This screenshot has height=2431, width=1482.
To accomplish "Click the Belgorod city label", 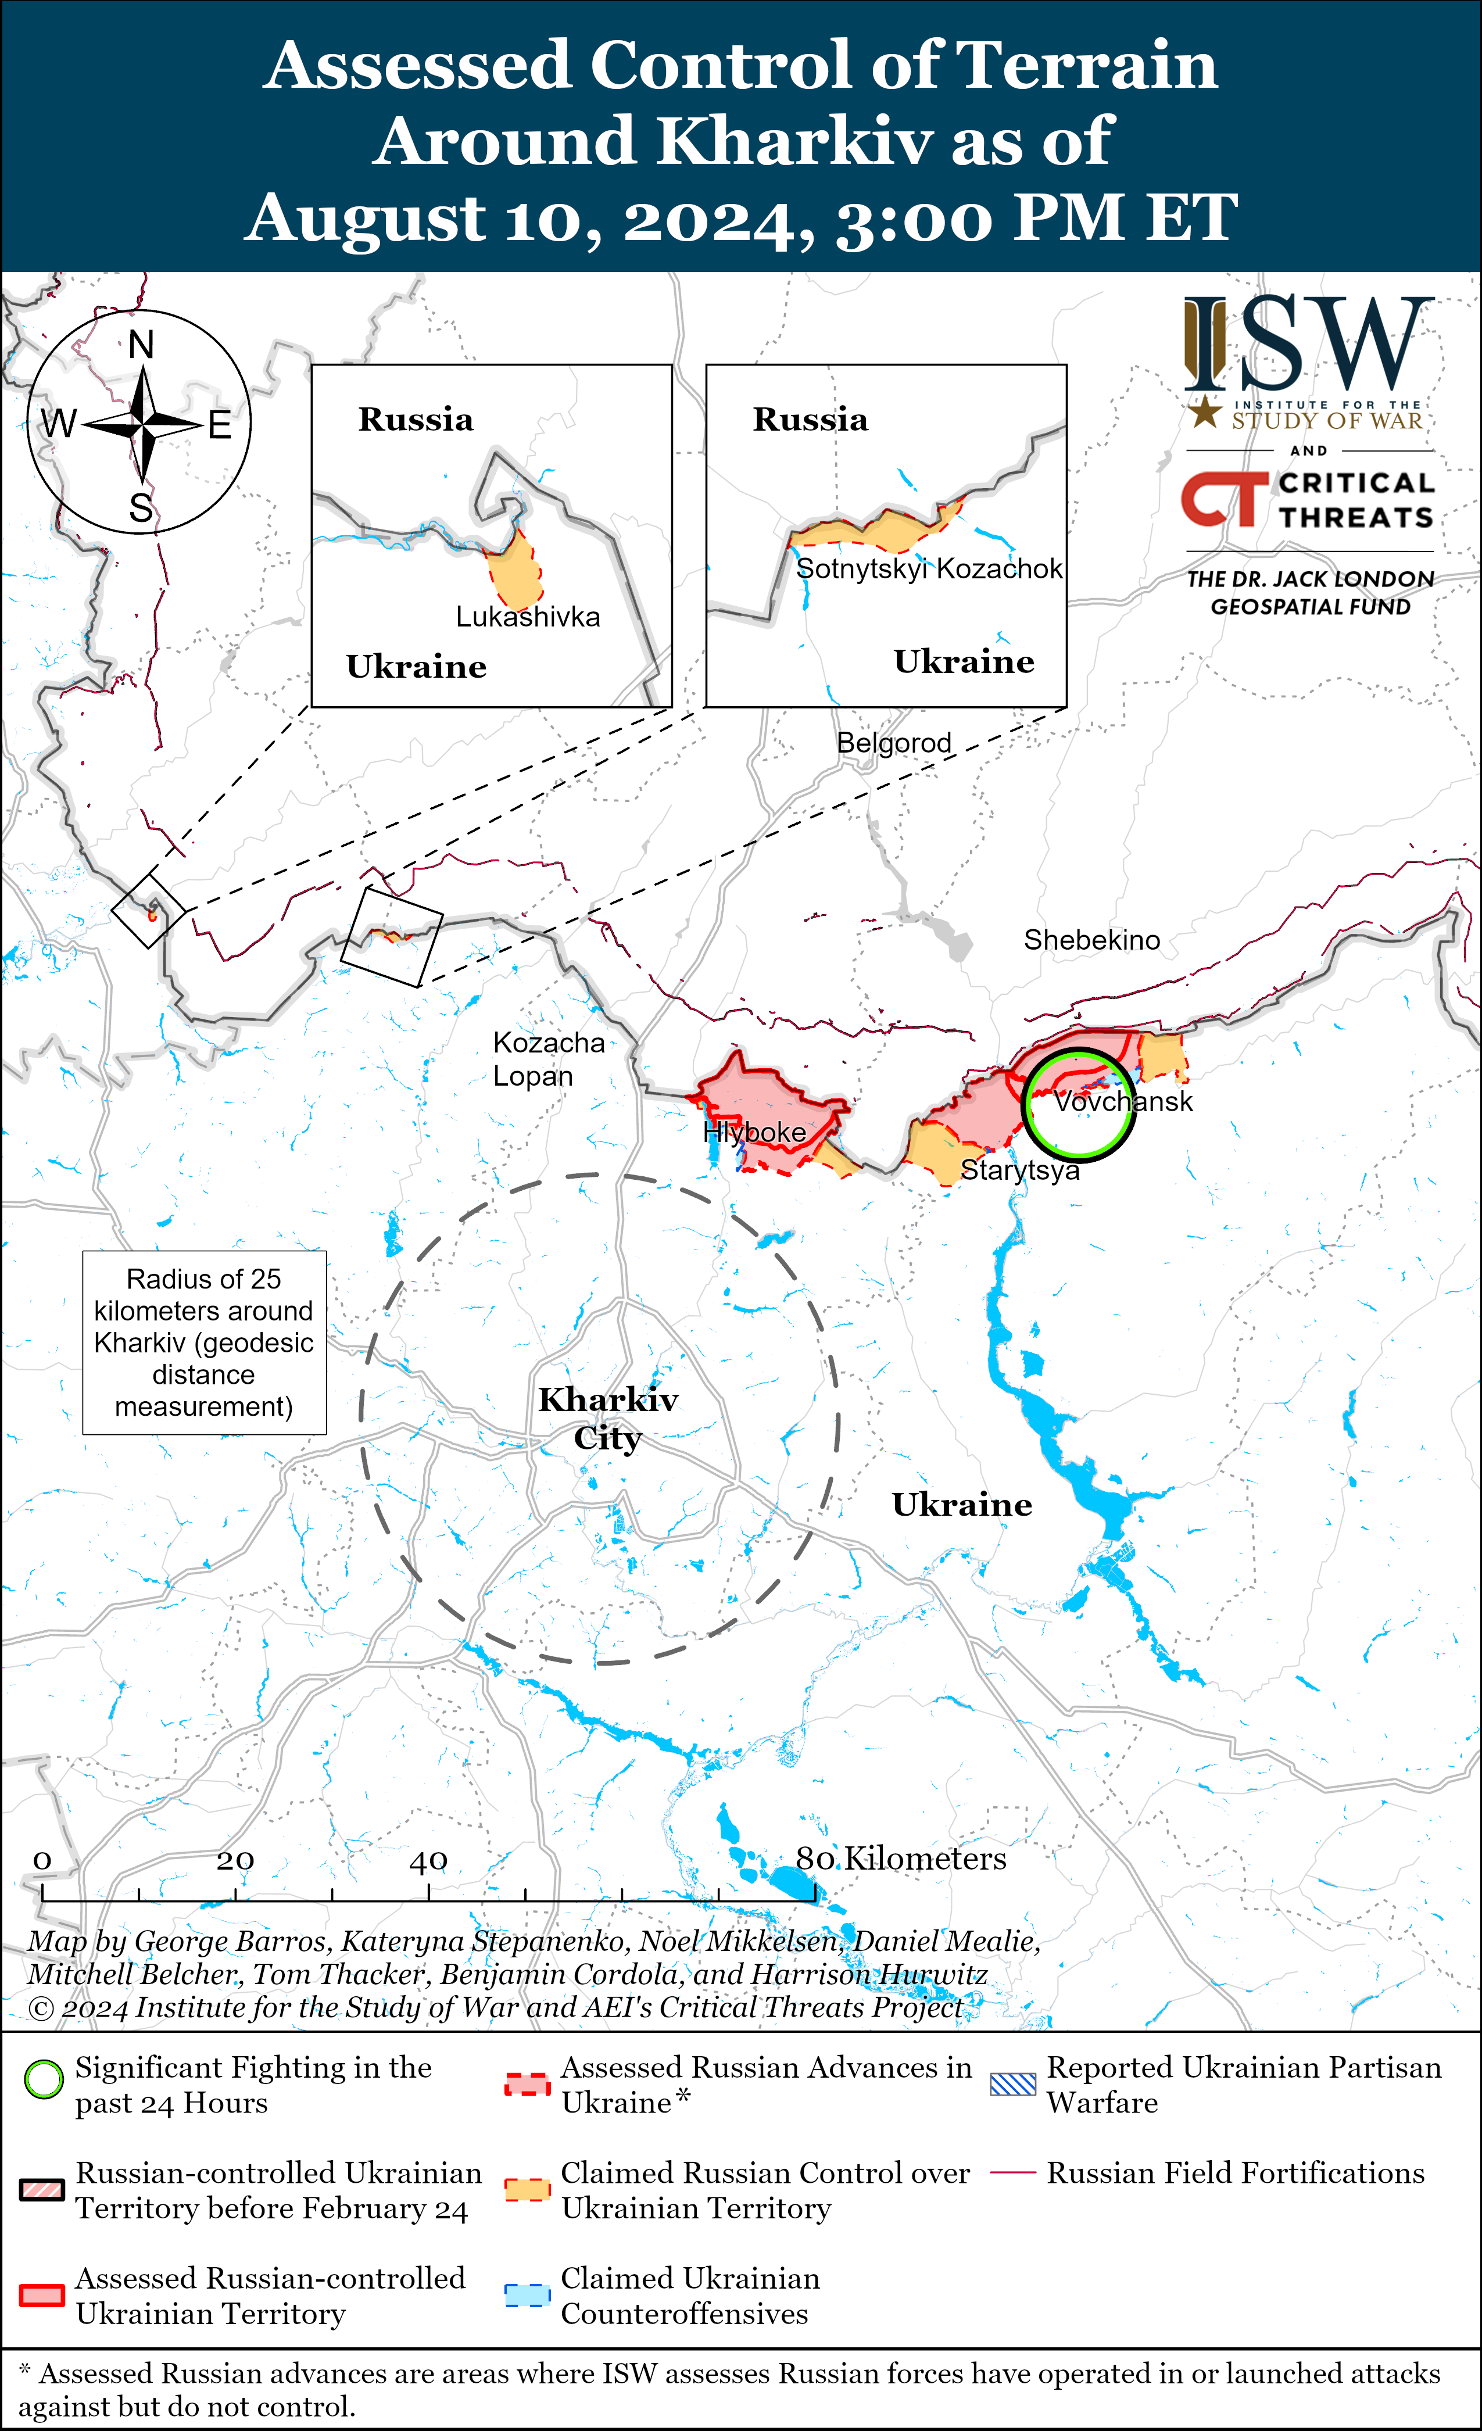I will [894, 743].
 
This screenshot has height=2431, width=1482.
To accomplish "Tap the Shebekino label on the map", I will [1091, 940].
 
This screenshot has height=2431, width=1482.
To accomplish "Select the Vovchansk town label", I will [1123, 1101].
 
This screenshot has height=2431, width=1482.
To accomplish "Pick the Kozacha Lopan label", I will [547, 1059].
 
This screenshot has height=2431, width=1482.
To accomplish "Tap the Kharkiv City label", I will [608, 1418].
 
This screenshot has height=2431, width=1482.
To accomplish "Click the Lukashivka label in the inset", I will [528, 618].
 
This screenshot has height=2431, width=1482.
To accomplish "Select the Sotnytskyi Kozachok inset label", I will [929, 570].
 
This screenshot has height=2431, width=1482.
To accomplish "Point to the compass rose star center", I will [143, 424].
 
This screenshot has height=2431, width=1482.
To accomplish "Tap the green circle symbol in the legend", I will [44, 2080].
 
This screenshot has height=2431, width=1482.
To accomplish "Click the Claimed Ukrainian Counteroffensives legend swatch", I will [527, 2295].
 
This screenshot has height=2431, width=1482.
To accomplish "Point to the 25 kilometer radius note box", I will [204, 1342].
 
